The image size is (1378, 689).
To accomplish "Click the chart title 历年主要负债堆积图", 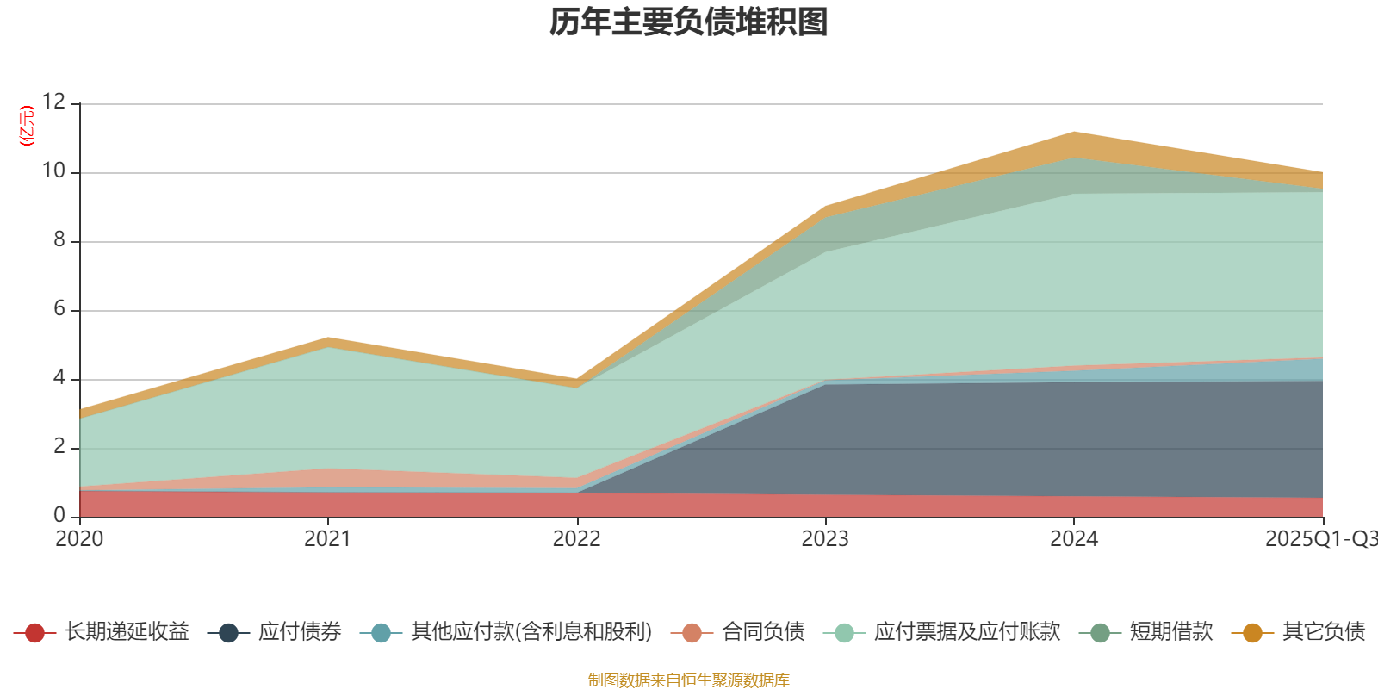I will tap(689, 22).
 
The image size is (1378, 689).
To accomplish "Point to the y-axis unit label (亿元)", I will tap(28, 126).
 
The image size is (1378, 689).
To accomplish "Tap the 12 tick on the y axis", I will tap(53, 102).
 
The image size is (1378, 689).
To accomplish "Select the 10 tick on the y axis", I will tap(53, 171).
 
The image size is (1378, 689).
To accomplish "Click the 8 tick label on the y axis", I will tap(59, 240).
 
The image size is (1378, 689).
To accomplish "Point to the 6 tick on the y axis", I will tap(59, 309).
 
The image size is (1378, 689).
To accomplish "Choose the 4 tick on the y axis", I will tap(59, 378).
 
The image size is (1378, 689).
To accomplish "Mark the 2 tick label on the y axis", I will tap(59, 447).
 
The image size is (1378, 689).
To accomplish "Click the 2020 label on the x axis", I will tap(79, 539).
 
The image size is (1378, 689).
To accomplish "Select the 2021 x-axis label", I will tap(327, 539).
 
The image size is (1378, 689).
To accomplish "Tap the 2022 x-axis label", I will tap(576, 539).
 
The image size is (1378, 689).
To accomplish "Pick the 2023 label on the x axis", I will tap(825, 539).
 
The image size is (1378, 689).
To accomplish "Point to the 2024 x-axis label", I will tap(1073, 539).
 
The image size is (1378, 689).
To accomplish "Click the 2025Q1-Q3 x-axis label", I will tap(1319, 539).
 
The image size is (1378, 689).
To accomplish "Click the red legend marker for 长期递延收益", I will tap(34, 633).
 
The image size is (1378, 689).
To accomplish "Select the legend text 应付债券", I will tap(300, 632).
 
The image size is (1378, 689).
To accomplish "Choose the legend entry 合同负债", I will tap(763, 632).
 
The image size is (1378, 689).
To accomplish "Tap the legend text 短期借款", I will tap(1171, 632).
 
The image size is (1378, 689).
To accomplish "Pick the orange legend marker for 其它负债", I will tap(1252, 633).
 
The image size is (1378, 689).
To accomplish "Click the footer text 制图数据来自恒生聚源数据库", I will tap(689, 680).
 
